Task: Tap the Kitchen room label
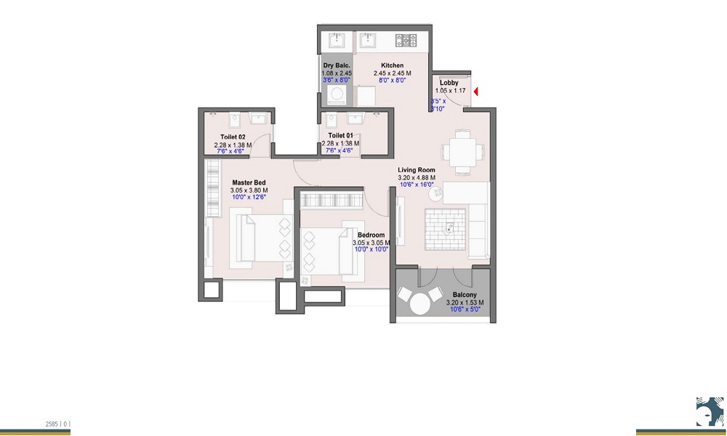pos(393,65)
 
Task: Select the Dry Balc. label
pos(337,65)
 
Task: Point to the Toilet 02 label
pos(233,137)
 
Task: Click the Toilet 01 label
pos(340,136)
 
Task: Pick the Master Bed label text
pos(249,182)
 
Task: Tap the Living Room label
pos(416,169)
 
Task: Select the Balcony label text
pos(464,295)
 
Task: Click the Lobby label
pos(449,83)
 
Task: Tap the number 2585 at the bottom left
pos(52,423)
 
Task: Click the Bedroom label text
pos(371,235)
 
